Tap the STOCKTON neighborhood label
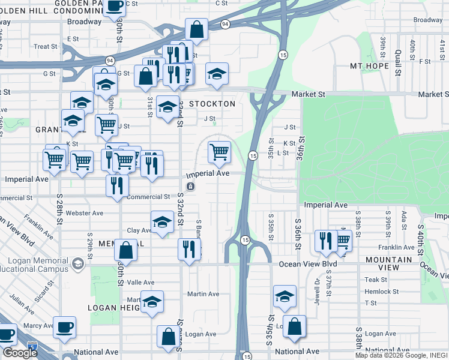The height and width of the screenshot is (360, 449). point(212,104)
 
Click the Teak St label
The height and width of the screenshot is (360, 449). point(376,280)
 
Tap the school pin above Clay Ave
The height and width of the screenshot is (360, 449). point(161,223)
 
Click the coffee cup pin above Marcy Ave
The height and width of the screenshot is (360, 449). point(64,328)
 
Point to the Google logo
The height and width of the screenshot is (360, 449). point(20,353)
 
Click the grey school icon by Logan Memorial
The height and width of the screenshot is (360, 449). point(77,264)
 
